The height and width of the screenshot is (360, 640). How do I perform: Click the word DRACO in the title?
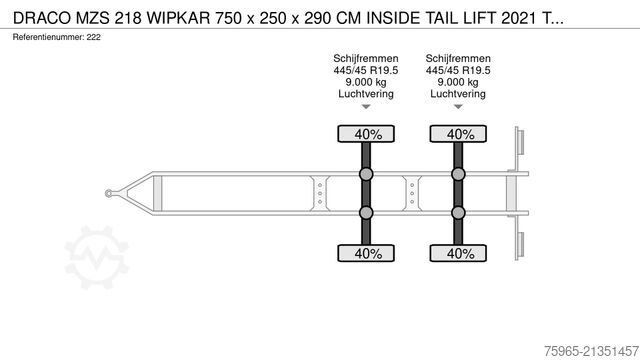[x=42, y=18]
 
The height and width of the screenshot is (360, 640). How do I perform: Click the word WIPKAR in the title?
[x=178, y=18]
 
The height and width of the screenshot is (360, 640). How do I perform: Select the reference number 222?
[x=93, y=37]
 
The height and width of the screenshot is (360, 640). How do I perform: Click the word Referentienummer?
[x=48, y=37]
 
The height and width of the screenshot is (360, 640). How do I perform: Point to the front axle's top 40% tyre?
[x=366, y=134]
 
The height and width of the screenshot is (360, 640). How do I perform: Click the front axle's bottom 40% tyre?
[x=366, y=253]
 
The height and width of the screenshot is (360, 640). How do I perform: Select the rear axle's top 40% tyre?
[x=458, y=134]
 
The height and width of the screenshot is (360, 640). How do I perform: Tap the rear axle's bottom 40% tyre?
[x=458, y=253]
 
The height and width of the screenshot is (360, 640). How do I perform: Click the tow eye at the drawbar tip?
[x=109, y=193]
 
